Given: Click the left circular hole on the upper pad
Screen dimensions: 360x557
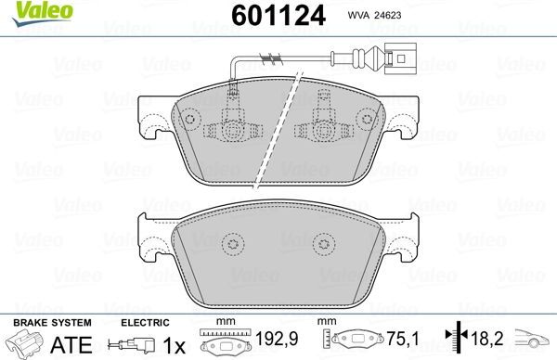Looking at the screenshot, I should [x=190, y=120].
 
